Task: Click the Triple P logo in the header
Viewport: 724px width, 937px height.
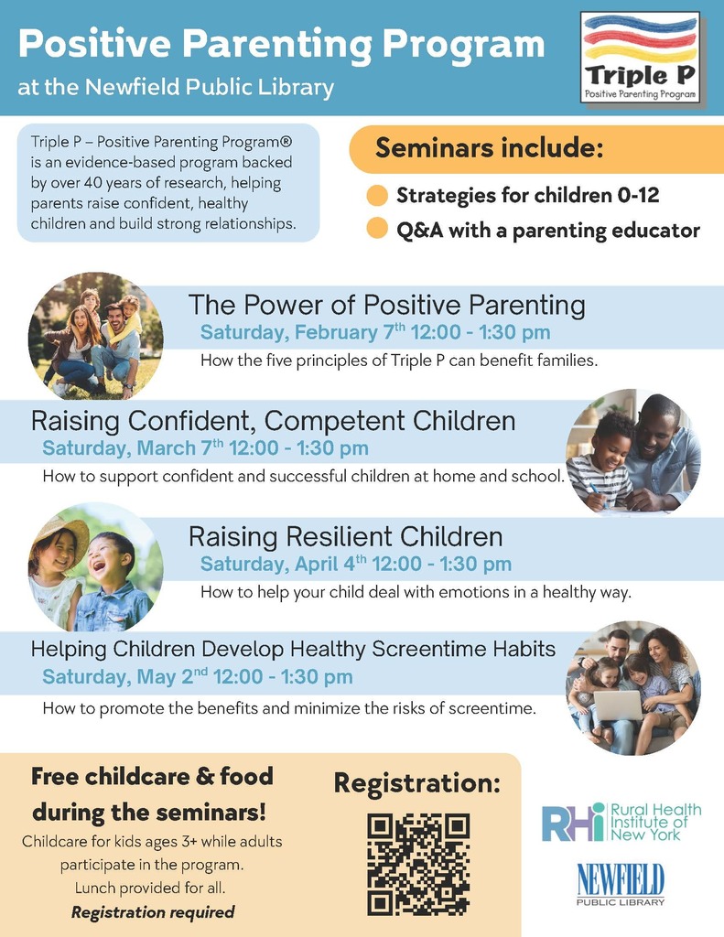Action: tap(641, 57)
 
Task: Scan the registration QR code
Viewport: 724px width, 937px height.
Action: tap(418, 864)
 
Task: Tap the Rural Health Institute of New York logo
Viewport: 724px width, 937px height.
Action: tap(621, 822)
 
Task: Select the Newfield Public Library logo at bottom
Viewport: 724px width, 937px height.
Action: tap(621, 885)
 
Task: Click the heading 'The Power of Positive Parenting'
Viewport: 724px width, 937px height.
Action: tap(386, 305)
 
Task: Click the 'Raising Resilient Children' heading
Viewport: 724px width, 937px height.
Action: tap(345, 536)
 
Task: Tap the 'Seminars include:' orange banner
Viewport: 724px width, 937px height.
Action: tap(489, 148)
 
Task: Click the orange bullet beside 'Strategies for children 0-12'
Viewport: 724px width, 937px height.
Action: tap(376, 196)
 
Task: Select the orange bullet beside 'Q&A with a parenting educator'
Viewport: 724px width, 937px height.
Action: tap(376, 230)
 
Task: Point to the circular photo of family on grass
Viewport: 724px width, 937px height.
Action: tap(95, 335)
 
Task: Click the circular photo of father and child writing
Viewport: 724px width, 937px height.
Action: tap(632, 452)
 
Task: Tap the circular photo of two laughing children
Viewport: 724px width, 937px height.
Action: tap(95, 567)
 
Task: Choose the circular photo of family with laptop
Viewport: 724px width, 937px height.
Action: tap(632, 688)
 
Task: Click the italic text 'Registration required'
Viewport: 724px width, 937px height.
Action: tap(153, 911)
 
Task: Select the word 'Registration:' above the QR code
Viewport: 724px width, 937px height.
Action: tap(416, 783)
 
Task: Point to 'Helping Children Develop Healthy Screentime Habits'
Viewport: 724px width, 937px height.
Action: tap(293, 649)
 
